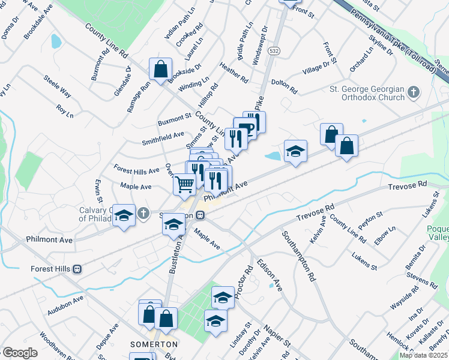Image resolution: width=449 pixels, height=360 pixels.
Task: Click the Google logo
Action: tap(20, 353)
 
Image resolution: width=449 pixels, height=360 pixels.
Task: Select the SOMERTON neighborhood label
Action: tap(154, 344)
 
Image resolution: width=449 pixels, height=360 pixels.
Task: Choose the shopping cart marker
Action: tap(185, 184)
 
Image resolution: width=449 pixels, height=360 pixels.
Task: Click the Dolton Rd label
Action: tap(284, 86)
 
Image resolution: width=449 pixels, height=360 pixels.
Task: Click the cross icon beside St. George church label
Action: tap(412, 92)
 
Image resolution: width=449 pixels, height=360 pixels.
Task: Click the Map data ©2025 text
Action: tap(423, 355)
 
